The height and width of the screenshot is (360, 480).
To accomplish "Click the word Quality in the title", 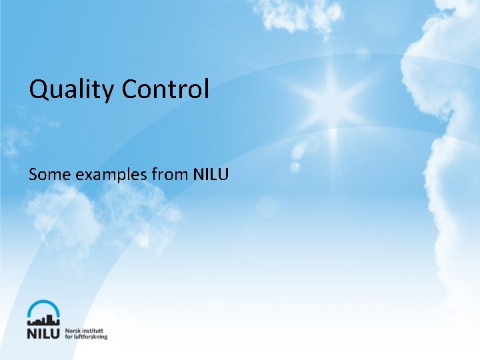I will click(71, 89).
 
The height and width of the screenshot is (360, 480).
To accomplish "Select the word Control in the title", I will click(165, 89).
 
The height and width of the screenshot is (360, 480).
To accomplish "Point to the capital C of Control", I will click(131, 89).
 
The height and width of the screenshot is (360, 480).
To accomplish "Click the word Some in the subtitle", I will click(50, 175).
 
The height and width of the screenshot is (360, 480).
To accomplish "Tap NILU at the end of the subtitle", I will click(211, 175).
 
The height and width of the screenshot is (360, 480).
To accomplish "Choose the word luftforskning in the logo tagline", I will click(91, 337).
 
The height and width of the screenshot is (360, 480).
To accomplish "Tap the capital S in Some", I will click(33, 175).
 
